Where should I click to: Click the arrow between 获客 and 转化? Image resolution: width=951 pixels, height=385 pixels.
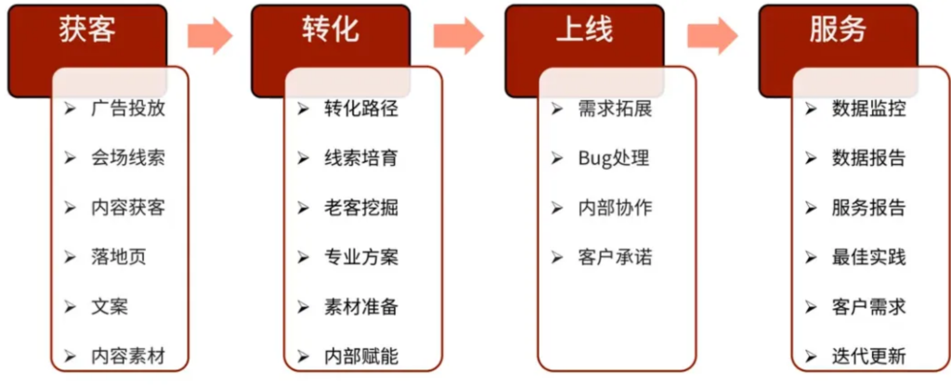pos(211,36)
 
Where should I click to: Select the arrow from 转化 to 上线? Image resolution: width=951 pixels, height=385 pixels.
pos(459,36)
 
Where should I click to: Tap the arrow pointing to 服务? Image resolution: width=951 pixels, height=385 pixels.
pos(712,36)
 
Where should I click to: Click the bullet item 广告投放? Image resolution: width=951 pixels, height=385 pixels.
pos(128,109)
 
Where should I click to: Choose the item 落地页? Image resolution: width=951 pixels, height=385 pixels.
pos(119,257)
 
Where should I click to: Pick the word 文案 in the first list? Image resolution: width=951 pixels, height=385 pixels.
pos(110,307)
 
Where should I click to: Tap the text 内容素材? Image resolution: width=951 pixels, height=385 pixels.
pos(128,356)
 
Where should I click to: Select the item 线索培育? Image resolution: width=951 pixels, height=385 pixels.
pos(361,159)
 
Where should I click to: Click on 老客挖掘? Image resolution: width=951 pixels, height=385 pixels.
pos(361,208)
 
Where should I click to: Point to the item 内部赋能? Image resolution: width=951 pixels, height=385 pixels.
pos(361,356)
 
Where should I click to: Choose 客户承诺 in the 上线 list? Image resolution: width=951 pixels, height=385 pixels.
pos(616,257)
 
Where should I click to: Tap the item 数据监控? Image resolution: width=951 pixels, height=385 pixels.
pos(869,109)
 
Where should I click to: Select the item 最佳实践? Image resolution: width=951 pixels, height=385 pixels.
pos(869,257)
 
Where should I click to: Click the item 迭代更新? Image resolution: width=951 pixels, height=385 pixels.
pos(869,356)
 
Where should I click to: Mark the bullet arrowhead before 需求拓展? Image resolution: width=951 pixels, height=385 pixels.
pos(557,109)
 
